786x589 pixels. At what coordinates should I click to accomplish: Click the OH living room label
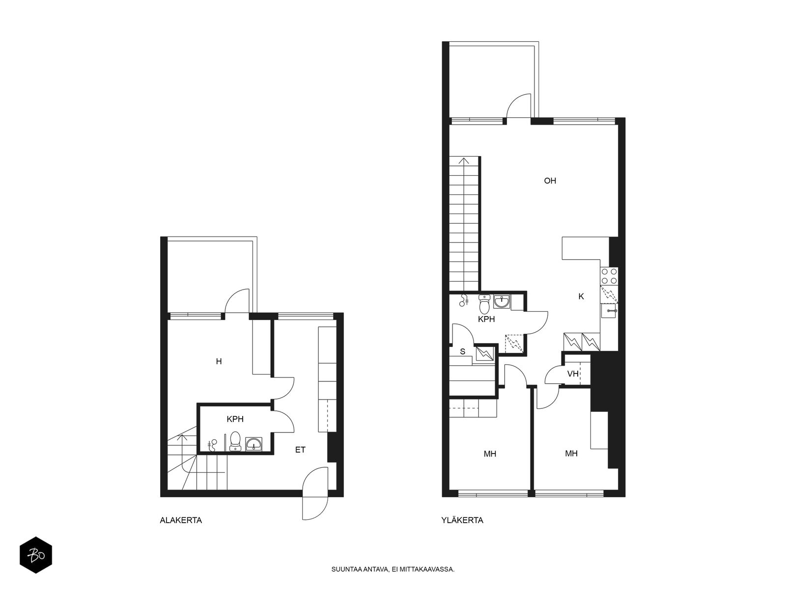pyautogui.click(x=550, y=181)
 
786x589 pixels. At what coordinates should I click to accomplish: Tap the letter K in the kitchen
pyautogui.click(x=581, y=296)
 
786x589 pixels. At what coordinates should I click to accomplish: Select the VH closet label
pyautogui.click(x=573, y=374)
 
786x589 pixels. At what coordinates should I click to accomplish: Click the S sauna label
pyautogui.click(x=462, y=351)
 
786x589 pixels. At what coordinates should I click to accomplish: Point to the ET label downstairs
pyautogui.click(x=300, y=450)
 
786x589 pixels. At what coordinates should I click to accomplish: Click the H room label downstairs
pyautogui.click(x=219, y=362)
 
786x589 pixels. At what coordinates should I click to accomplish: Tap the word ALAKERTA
pyautogui.click(x=181, y=520)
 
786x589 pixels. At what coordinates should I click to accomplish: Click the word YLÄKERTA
pyautogui.click(x=462, y=520)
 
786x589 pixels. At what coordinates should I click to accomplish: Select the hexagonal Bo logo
pyautogui.click(x=36, y=555)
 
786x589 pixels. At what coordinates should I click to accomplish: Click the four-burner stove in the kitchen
pyautogui.click(x=609, y=276)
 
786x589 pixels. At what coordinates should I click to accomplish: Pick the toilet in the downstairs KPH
pyautogui.click(x=235, y=441)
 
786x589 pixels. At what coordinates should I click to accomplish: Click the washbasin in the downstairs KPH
pyautogui.click(x=253, y=444)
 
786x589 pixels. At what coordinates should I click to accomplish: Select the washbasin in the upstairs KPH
pyautogui.click(x=503, y=302)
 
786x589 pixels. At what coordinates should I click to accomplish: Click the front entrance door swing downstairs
pyautogui.click(x=315, y=493)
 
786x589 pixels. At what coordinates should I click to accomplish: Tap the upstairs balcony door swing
pyautogui.click(x=518, y=106)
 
